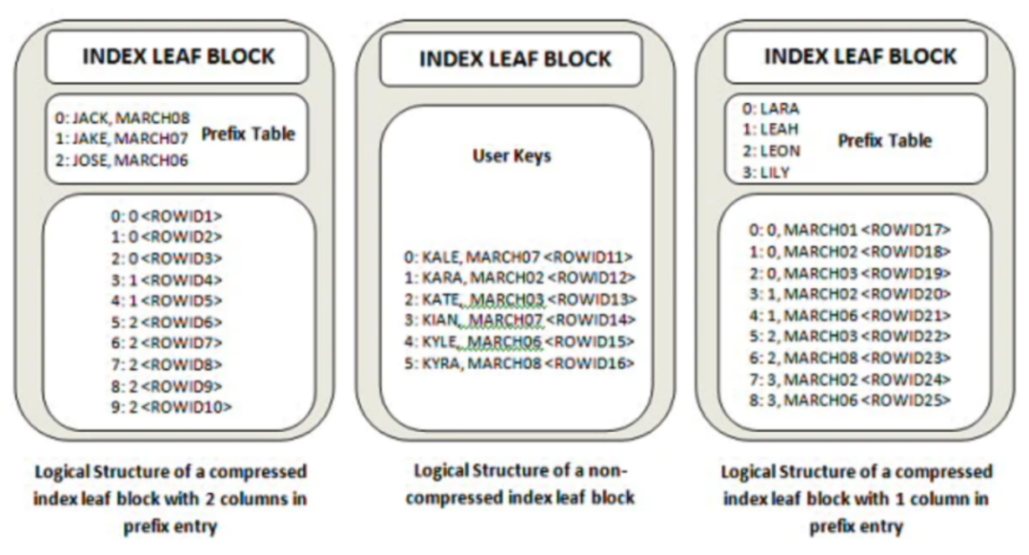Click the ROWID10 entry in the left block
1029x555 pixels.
[x=171, y=407]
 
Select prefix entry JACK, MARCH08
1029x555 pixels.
[x=122, y=118]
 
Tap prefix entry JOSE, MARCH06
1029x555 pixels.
[x=121, y=160]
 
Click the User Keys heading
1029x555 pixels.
[x=512, y=155]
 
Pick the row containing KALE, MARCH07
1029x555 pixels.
[x=518, y=257]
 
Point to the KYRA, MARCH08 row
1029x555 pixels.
[x=519, y=363]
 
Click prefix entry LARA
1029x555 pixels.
[x=771, y=109]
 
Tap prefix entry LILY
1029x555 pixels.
[x=766, y=173]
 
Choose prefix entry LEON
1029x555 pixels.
[x=771, y=151]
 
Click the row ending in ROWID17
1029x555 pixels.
[x=850, y=230]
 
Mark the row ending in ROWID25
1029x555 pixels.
[x=850, y=400]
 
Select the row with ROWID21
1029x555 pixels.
[x=850, y=316]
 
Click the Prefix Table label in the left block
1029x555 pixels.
[x=248, y=134]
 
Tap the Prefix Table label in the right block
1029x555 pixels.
[x=884, y=140]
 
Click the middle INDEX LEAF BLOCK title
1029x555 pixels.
[x=515, y=59]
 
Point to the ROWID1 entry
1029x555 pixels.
[x=167, y=216]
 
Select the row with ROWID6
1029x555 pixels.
[x=167, y=321]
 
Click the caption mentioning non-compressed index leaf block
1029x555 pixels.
[x=520, y=484]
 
